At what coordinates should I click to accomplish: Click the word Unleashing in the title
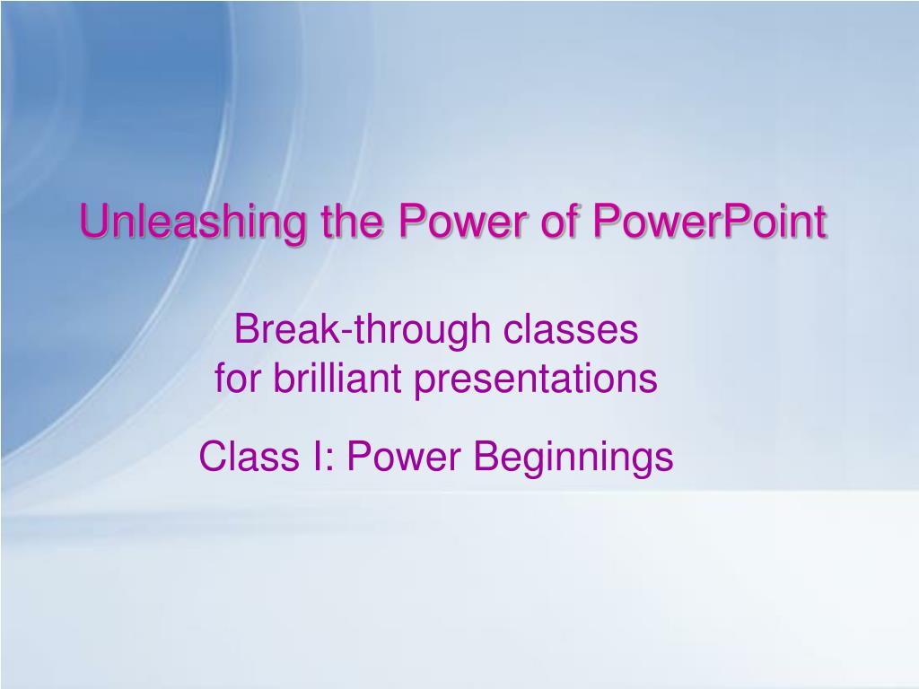point(193,222)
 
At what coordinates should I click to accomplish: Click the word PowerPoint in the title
point(709,221)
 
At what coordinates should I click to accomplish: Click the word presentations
point(536,380)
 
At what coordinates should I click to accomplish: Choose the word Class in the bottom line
point(249,457)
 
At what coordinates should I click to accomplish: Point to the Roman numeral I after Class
point(317,457)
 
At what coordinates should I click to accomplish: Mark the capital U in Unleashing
point(95,221)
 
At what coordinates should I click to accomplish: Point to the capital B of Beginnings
point(486,457)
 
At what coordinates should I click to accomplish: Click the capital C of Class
point(214,457)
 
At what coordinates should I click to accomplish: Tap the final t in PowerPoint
point(820,222)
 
